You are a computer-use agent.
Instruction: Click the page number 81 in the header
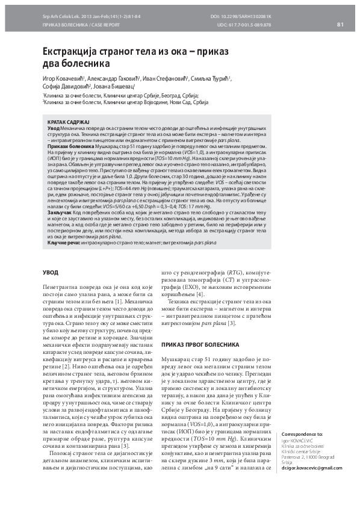point(340,24)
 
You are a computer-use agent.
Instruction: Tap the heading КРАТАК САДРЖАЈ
point(68,122)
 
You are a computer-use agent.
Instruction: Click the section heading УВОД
point(50,273)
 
